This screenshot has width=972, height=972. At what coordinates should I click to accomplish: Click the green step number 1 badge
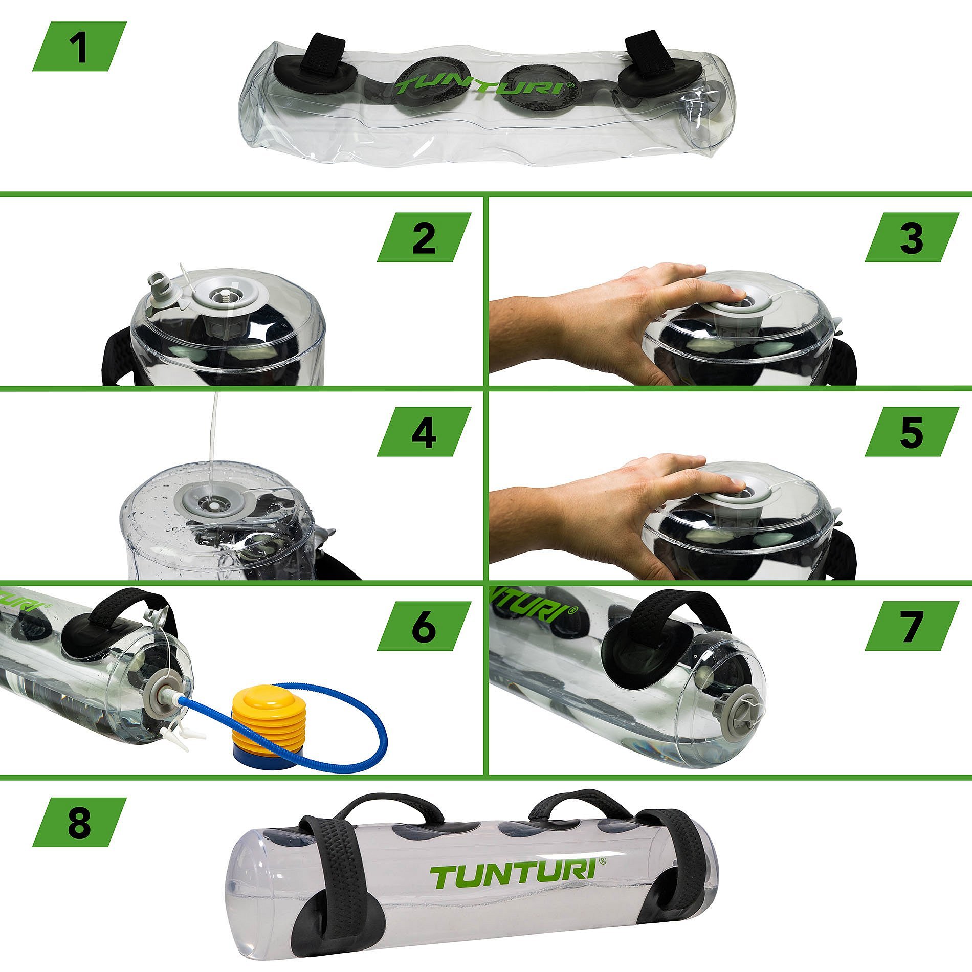pyautogui.click(x=79, y=46)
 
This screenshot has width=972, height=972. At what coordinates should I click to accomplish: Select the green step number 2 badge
pyautogui.click(x=424, y=237)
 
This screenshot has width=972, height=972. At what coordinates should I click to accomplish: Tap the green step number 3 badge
pyautogui.click(x=912, y=237)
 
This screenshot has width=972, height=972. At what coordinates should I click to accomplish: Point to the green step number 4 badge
pyautogui.click(x=424, y=432)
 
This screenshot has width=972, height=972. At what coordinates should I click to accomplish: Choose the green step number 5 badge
pyautogui.click(x=912, y=432)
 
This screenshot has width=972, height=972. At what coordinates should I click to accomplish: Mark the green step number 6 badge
pyautogui.click(x=424, y=626)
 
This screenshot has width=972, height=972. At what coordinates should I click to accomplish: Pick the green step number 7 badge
pyautogui.click(x=912, y=626)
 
